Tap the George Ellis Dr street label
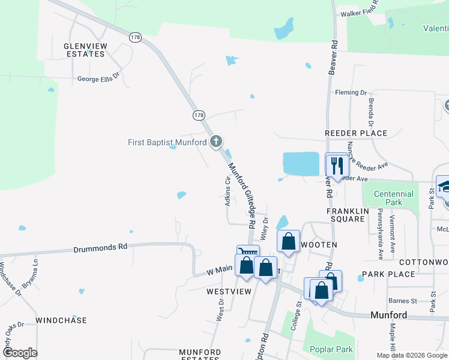[x=99, y=78]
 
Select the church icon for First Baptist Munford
[x=216, y=142]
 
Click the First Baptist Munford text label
[x=167, y=143]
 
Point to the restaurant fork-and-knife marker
[x=336, y=164]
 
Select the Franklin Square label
[x=354, y=215]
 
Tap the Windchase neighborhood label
[x=61, y=320]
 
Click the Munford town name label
[x=389, y=315]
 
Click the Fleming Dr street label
[x=351, y=92]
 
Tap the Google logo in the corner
[x=20, y=353]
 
